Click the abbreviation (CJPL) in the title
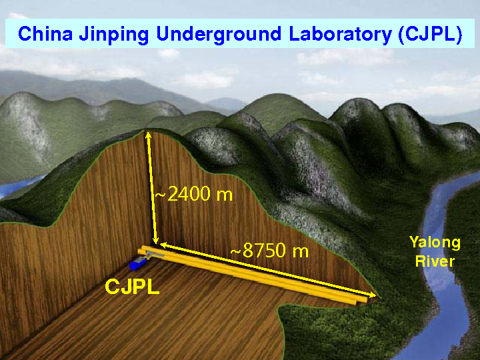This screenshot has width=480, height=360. click(429, 35)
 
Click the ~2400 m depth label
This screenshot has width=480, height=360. click(193, 195)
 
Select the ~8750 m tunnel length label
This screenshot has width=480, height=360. click(269, 251)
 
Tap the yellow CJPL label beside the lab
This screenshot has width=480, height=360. click(133, 288)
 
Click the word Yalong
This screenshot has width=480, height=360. click(435, 243)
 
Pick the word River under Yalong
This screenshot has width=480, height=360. click(435, 261)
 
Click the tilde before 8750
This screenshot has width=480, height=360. click(235, 253)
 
